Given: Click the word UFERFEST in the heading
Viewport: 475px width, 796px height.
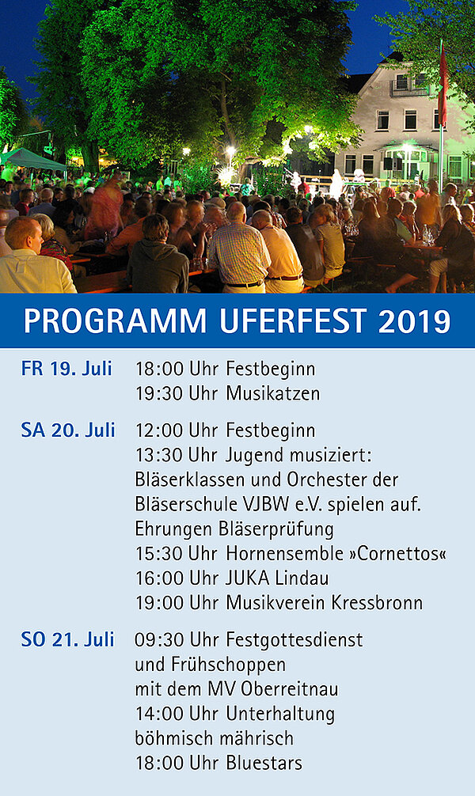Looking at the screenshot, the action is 293,320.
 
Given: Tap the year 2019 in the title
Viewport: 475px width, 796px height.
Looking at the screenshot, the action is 415,320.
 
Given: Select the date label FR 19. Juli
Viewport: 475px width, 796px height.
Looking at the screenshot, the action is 66,369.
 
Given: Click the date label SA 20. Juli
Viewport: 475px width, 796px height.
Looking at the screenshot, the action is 68,430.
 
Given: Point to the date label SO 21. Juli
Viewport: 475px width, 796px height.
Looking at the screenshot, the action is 67,639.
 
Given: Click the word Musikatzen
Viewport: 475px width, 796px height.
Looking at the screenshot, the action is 273,393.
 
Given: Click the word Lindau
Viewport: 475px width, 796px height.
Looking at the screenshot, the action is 302,578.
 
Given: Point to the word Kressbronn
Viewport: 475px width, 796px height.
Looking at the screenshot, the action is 377,603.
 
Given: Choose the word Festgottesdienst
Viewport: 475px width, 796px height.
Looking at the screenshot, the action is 294,639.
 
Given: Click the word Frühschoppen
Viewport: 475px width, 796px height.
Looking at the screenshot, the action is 228,665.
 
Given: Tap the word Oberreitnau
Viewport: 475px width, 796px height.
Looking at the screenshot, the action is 290,689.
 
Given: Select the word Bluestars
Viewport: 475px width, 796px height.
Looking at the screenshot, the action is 264,763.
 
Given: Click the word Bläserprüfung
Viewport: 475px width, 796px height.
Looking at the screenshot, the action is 275,529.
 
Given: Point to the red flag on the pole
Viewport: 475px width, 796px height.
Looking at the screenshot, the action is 443,86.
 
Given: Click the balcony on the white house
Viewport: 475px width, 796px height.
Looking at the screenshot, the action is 409,87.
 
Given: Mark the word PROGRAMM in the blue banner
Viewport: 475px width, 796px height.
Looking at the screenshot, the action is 115,320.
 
